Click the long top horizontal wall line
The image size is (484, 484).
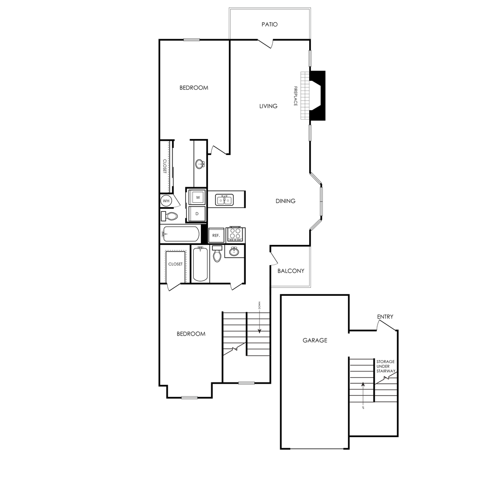click(269, 9)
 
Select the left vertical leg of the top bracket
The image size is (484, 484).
click(230, 24)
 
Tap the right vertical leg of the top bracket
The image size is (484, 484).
click(310, 24)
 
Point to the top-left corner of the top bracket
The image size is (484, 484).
click(230, 9)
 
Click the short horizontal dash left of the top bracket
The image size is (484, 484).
click(191, 39)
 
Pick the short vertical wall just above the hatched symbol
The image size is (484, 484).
click(311, 58)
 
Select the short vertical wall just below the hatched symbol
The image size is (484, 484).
click(311, 133)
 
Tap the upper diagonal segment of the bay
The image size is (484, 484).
click(315, 178)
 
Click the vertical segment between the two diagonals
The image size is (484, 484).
click(322, 201)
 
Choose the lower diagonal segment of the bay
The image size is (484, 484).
click(315, 225)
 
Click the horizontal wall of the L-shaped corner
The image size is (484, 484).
click(290, 286)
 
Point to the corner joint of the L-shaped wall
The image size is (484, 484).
click(310, 286)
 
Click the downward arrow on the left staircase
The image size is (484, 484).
click(259, 324)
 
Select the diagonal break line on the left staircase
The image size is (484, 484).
click(234, 349)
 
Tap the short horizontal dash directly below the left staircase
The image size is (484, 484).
click(246, 383)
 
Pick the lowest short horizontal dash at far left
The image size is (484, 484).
click(189, 398)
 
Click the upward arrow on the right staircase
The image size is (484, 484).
click(363, 392)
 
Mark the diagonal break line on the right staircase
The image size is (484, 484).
click(386, 377)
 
